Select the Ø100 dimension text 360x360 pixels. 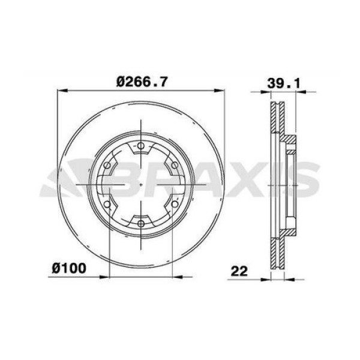tap(68, 269)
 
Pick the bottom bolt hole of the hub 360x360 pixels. tap(140, 224)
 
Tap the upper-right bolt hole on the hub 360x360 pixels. tap(174, 165)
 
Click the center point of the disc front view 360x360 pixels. tap(140, 185)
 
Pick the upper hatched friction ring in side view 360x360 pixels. tap(277, 120)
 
